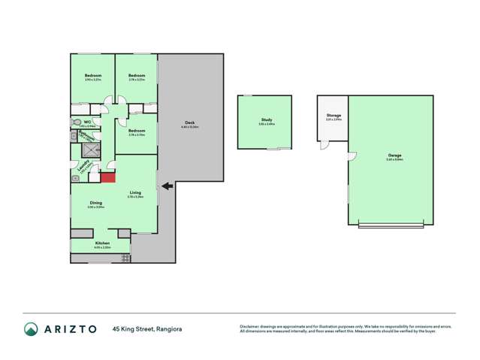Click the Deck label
tap(189, 123)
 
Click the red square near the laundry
tap(107, 177)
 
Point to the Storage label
tap(334, 115)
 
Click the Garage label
tap(394, 156)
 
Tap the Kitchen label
tap(102, 243)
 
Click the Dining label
tap(96, 202)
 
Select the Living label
tap(134, 192)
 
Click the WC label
tap(88, 121)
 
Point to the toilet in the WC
tap(77, 122)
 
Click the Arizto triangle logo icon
tap(31, 328)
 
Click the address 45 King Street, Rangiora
tap(147, 328)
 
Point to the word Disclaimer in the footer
tap(249, 325)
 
